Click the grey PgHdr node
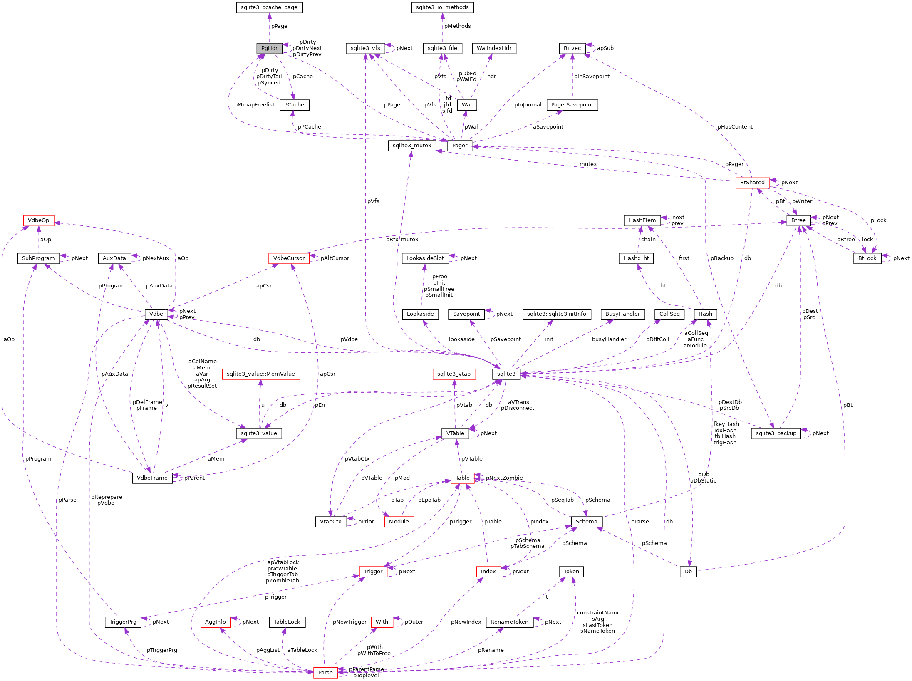(269, 48)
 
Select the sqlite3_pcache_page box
(269, 7)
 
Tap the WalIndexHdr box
(494, 48)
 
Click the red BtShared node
(752, 183)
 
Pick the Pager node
(459, 146)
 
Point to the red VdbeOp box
(38, 220)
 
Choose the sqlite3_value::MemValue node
(260, 374)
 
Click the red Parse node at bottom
(325, 672)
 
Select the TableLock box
(287, 622)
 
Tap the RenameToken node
(509, 622)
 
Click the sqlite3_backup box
(776, 433)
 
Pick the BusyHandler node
(622, 314)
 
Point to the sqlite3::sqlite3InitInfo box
(556, 314)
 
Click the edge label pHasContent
(735, 127)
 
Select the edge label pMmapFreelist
(254, 105)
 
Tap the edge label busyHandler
(609, 339)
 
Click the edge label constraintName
(598, 613)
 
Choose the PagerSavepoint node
(572, 105)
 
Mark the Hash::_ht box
(636, 258)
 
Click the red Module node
(399, 522)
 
